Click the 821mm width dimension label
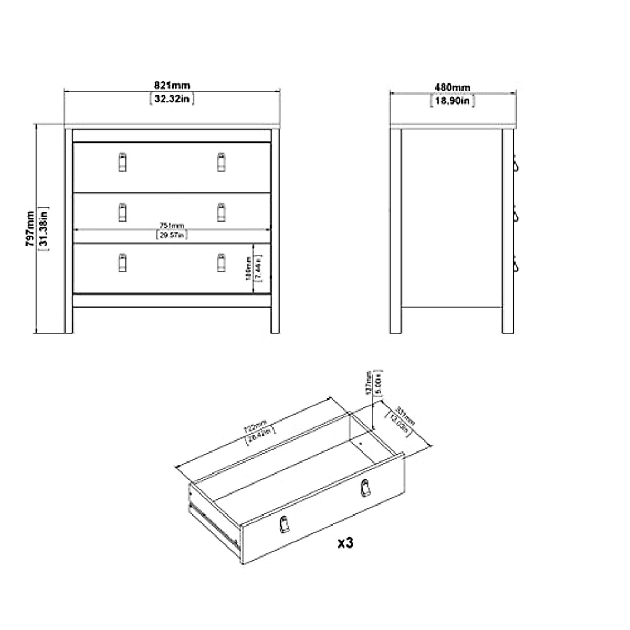pos(172,86)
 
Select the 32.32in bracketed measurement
pos(172,98)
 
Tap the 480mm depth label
pos(452,87)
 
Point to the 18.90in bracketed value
pos(452,100)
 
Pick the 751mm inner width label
pos(172,226)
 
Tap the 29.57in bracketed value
pos(172,235)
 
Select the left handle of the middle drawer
pos(122,212)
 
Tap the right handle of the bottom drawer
pos(221,262)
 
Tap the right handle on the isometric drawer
pos(363,488)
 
